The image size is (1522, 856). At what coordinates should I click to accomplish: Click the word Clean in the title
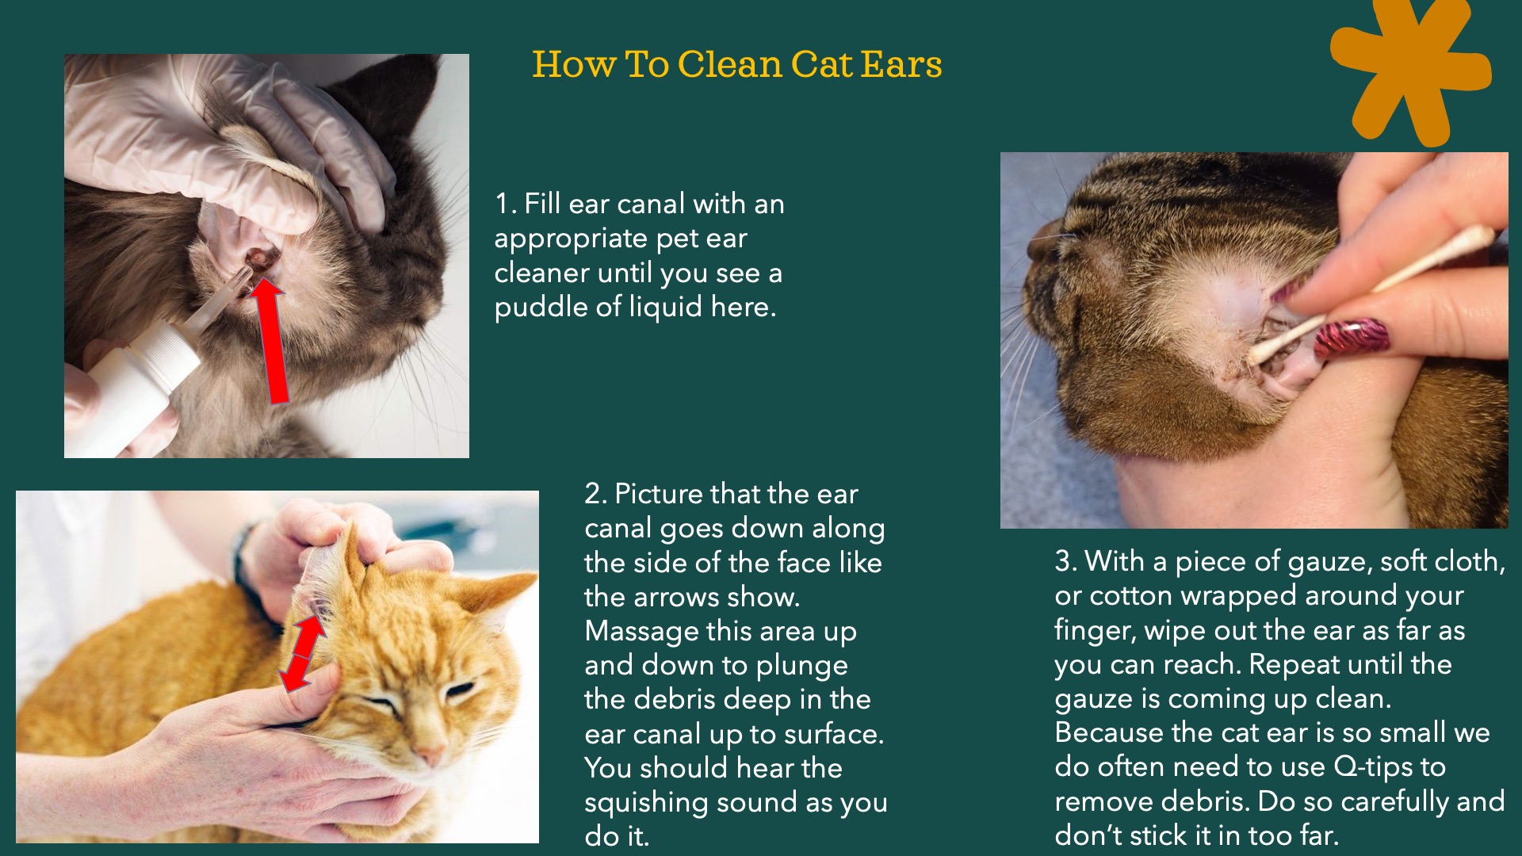point(729,64)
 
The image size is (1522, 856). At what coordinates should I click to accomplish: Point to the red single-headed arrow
point(271,341)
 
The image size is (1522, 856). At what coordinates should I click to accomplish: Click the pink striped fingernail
point(1352,338)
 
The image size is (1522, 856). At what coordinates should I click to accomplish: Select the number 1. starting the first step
point(506,204)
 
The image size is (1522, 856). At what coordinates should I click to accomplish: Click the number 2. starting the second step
point(596,494)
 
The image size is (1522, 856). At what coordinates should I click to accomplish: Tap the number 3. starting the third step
point(1066,561)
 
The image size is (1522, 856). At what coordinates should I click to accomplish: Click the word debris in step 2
point(675,699)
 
